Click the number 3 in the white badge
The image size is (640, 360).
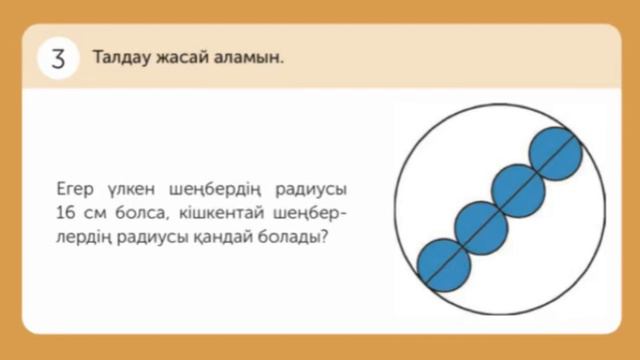57,58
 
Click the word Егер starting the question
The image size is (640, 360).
76,188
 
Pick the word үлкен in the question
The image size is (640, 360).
135,188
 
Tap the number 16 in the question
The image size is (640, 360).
67,213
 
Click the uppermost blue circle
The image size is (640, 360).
556,151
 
